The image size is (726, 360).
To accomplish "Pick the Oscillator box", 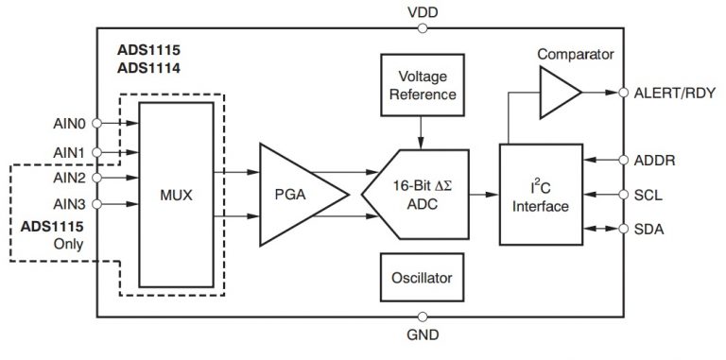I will pos(421,279).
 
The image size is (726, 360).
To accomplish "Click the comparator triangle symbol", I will pos(558,94).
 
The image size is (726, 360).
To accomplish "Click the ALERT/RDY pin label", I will pos(674,93).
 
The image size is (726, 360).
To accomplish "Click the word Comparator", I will pos(576,54).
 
